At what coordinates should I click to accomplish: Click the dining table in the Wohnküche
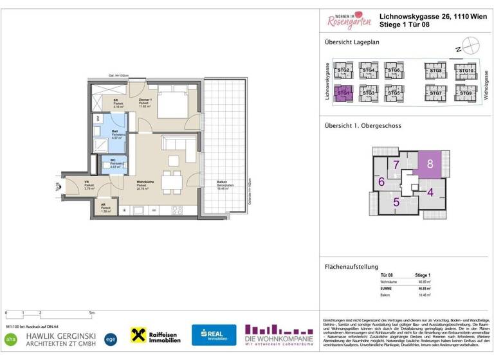click(x=172, y=182)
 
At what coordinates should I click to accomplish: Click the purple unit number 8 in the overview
click(x=430, y=164)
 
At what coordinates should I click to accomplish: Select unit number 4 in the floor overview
click(x=430, y=192)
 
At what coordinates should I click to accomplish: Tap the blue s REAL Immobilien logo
click(x=214, y=334)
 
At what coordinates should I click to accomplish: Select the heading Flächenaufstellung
click(x=351, y=267)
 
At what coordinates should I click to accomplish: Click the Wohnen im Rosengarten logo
click(x=348, y=22)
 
